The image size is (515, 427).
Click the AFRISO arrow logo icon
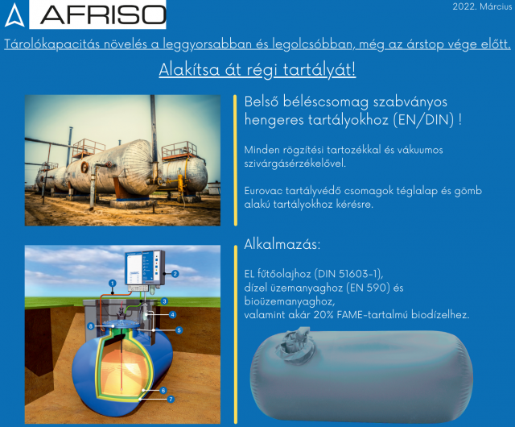14,15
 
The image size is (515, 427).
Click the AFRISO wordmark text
103,15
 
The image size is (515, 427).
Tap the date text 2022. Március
482,6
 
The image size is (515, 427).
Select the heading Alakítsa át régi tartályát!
257,69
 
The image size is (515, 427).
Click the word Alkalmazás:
282,244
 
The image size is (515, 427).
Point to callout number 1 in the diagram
113,284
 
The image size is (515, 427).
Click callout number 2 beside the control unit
175,274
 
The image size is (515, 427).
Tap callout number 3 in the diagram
164,301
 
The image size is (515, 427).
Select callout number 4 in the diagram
172,315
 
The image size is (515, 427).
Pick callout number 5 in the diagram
179,330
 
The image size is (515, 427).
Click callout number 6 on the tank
163,391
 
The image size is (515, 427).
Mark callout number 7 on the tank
171,400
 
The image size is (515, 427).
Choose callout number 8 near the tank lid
91,326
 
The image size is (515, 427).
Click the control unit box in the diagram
145,267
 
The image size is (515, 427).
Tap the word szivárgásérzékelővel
295,164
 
